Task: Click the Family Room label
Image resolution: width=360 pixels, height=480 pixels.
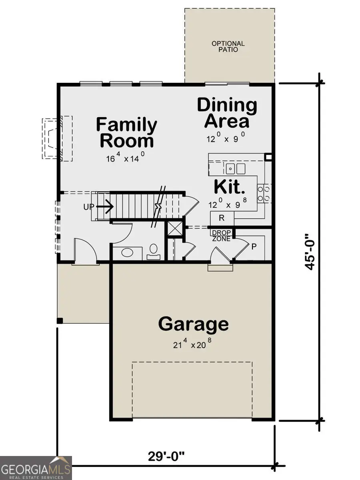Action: click(x=126, y=133)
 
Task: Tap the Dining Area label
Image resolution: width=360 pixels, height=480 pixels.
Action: click(x=227, y=113)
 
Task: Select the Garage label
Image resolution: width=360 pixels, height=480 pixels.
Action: click(x=193, y=324)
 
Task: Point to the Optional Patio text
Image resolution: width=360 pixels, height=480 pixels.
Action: click(x=228, y=46)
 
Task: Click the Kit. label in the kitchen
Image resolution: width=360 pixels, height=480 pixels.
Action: click(x=229, y=187)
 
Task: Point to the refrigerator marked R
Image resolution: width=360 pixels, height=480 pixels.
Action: click(x=221, y=218)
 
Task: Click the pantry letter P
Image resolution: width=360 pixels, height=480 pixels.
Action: click(x=254, y=247)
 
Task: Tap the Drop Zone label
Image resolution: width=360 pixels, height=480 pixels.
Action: click(x=221, y=236)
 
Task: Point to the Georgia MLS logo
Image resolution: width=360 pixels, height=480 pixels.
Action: click(x=36, y=468)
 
